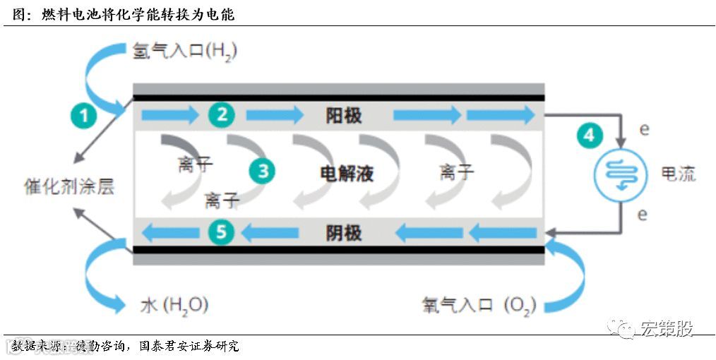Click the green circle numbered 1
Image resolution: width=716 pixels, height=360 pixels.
point(84,114)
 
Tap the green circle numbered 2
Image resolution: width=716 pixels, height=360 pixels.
point(222,114)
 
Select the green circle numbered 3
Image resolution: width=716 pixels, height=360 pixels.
point(263,170)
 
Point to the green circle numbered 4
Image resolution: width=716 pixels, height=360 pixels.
point(589,134)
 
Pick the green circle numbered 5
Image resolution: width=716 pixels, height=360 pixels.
point(221,232)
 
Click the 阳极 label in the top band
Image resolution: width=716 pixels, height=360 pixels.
point(344,115)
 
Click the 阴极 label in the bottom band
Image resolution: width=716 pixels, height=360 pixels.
point(344,232)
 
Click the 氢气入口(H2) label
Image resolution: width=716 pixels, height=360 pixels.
point(184,52)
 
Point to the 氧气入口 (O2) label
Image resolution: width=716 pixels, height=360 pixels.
point(479,305)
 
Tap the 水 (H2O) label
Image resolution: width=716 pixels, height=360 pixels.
point(174,305)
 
